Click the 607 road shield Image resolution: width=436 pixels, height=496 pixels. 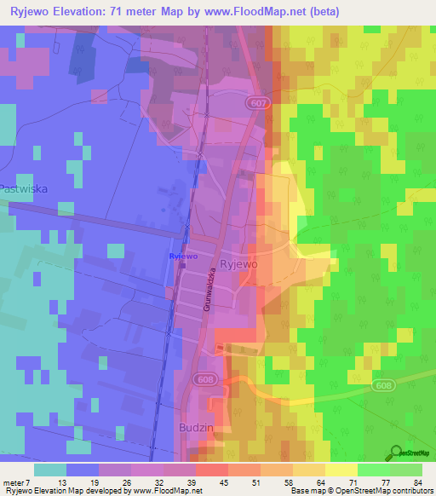coord(260,102)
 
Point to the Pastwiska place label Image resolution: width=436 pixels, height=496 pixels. coord(22,188)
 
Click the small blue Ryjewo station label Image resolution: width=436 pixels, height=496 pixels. coord(183,256)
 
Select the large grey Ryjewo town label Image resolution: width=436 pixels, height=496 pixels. coord(239,265)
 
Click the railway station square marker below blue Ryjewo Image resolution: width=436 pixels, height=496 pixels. coord(182,265)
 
